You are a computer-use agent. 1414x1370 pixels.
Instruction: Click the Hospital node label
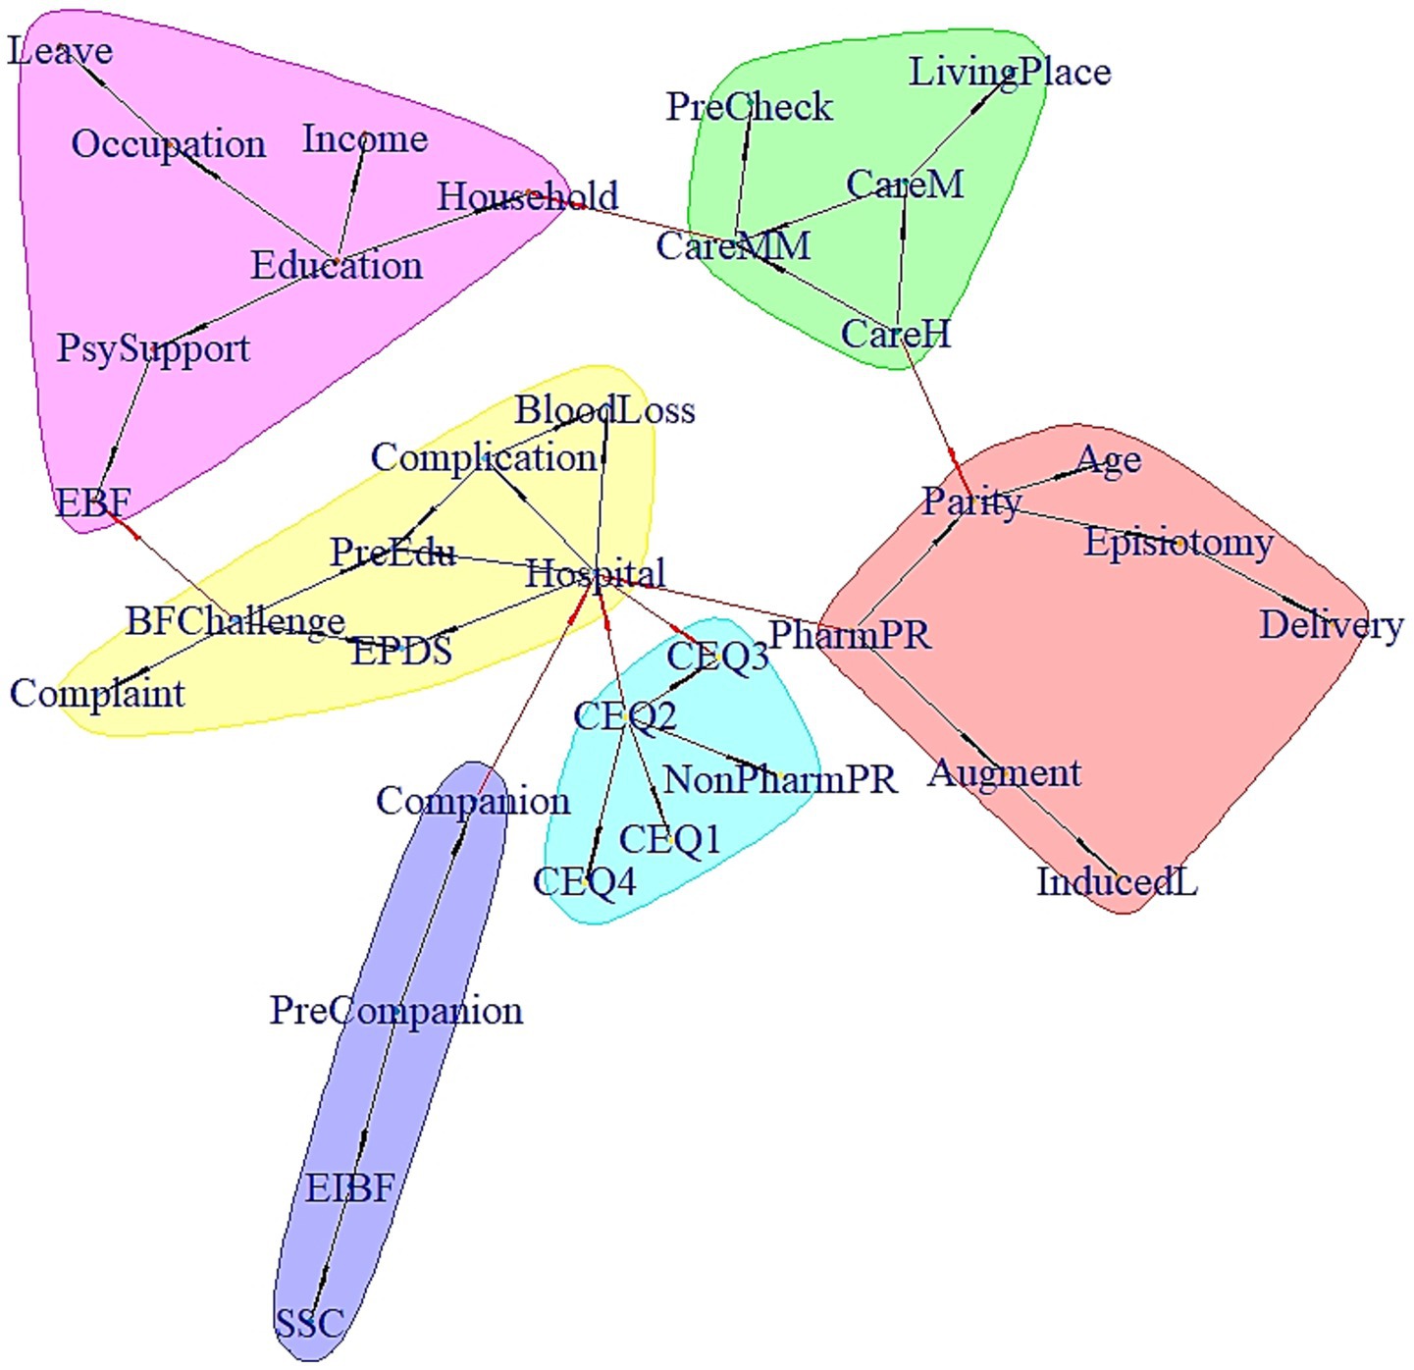[x=596, y=573]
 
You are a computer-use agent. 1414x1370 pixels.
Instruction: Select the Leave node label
[x=60, y=51]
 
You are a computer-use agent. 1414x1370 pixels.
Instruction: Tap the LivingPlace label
[x=1010, y=72]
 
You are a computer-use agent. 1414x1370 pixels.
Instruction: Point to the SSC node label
[x=309, y=1324]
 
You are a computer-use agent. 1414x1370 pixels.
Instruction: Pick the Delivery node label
[x=1331, y=625]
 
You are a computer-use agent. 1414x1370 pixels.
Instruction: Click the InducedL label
[x=1117, y=881]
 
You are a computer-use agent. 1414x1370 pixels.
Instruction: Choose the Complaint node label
[x=97, y=694]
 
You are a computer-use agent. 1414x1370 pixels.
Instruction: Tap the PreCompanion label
[x=396, y=1010]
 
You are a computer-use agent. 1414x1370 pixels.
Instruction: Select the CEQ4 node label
[x=584, y=881]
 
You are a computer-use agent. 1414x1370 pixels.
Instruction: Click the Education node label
[x=337, y=265]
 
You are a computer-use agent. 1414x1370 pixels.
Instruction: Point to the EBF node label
[x=93, y=503]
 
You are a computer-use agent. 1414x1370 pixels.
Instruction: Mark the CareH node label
[x=895, y=335]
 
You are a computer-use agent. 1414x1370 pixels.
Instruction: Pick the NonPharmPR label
[x=780, y=780]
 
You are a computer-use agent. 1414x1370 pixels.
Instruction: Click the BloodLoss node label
[x=604, y=410]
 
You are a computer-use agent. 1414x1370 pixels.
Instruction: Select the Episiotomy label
[x=1178, y=543]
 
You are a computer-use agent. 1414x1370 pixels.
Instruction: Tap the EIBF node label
[x=349, y=1188]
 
